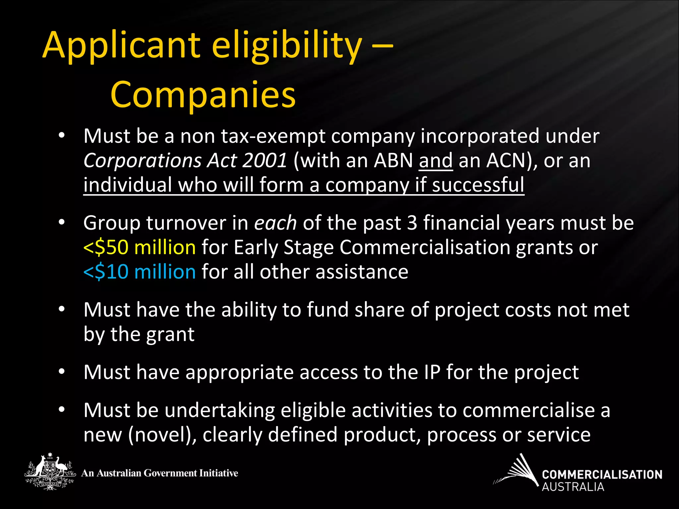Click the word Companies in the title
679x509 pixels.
(x=203, y=95)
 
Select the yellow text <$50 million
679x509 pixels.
(x=140, y=248)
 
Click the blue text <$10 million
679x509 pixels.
(x=140, y=272)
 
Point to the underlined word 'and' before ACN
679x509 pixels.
(x=436, y=161)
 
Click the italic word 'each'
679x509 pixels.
(x=275, y=223)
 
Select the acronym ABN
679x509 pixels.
(x=393, y=161)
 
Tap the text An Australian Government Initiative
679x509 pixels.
(x=160, y=473)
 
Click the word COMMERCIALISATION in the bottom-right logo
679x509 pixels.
(x=602, y=475)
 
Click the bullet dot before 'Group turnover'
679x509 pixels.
(x=62, y=223)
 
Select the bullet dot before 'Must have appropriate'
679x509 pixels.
(x=62, y=372)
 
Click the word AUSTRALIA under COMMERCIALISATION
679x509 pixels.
(x=573, y=487)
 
